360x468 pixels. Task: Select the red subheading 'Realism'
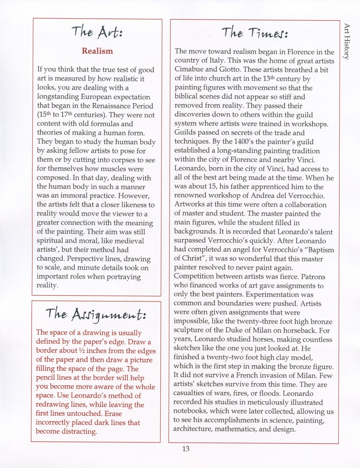coord(97,51)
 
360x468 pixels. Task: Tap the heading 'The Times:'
coord(255,33)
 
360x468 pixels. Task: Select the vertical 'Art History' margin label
coord(347,42)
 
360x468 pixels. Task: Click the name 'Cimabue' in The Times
coord(190,70)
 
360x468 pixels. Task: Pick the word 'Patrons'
coord(313,277)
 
